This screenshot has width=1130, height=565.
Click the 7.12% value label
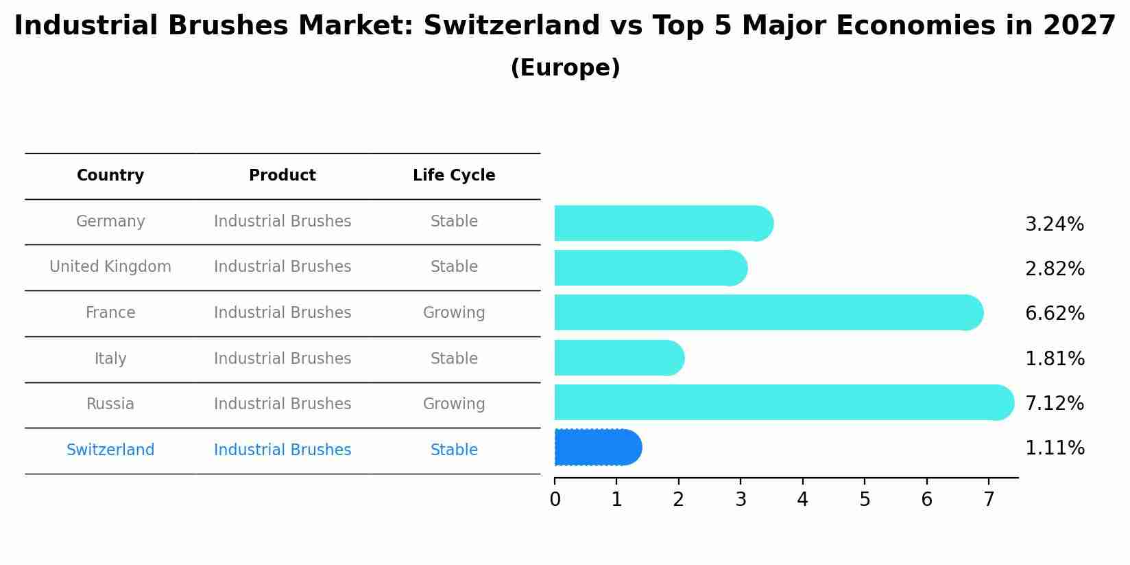tap(1054, 404)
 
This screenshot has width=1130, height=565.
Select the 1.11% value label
tap(1054, 448)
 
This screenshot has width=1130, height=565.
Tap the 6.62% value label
tap(1054, 314)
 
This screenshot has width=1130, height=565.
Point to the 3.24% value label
tap(1054, 224)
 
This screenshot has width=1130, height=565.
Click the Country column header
tap(110, 176)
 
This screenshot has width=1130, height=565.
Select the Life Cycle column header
tap(454, 176)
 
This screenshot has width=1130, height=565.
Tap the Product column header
tap(282, 176)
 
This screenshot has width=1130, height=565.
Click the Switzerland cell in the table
tap(110, 450)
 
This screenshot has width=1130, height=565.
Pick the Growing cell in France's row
tap(454, 313)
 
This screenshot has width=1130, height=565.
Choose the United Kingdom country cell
tap(110, 267)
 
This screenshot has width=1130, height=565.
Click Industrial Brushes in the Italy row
tap(282, 359)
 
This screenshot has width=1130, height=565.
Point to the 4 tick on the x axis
tap(802, 500)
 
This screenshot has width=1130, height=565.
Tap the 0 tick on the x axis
tap(555, 500)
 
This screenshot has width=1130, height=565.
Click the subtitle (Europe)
tap(565, 68)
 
